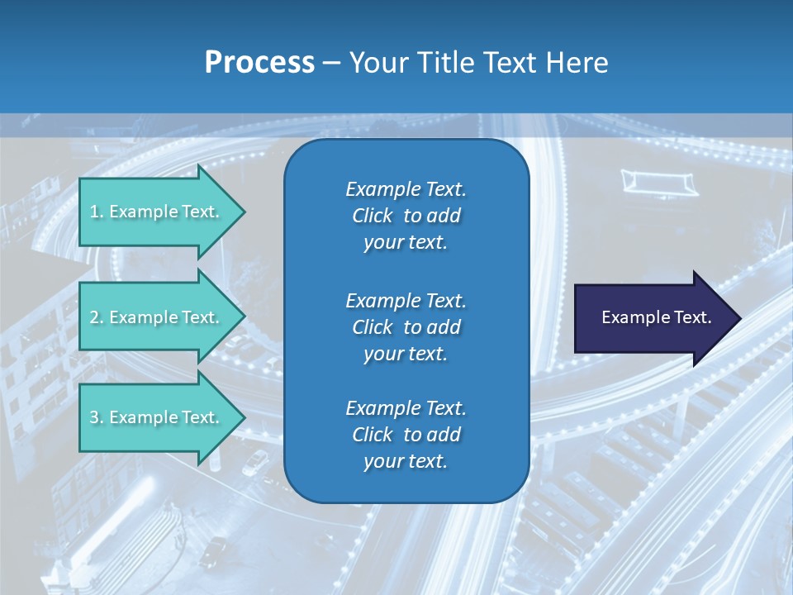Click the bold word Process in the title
coord(259,62)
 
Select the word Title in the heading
coord(445,62)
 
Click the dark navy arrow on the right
coord(653,318)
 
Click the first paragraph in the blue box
coord(406,216)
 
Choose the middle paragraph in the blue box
coord(406,326)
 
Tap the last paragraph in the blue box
coord(406,435)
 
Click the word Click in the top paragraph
coord(372,216)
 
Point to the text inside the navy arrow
coord(656,317)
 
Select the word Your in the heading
coord(377,62)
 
